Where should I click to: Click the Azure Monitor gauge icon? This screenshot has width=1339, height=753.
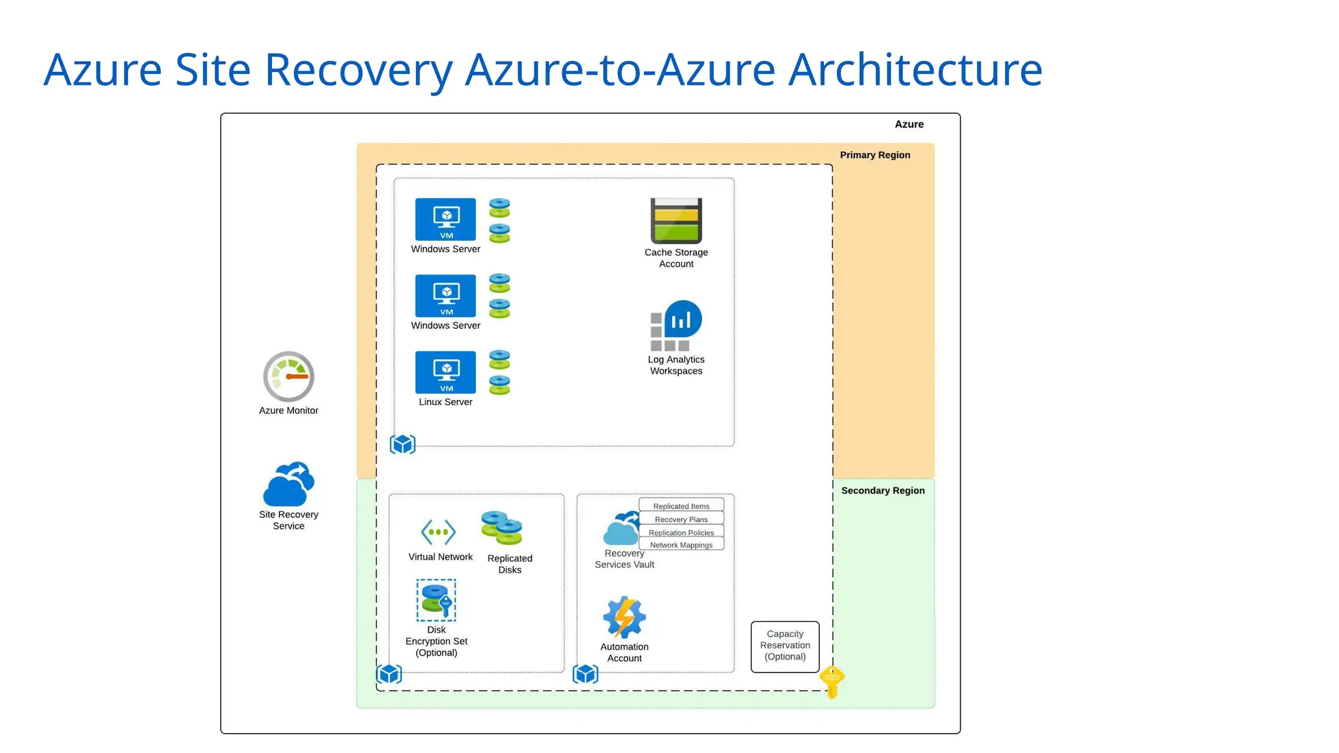tap(288, 376)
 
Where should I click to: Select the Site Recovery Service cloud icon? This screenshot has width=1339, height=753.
tap(288, 484)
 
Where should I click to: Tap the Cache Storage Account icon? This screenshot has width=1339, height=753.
tap(676, 221)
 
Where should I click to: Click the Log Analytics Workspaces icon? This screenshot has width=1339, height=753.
tap(676, 326)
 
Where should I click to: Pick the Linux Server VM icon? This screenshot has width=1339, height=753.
tap(445, 372)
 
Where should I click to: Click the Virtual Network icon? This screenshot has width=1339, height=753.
tap(438, 532)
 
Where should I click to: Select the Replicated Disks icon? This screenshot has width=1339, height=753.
tap(502, 528)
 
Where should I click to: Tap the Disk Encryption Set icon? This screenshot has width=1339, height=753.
tap(436, 600)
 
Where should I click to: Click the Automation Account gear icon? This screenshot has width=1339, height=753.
tap(624, 617)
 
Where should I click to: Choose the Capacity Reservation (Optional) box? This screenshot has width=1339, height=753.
tap(785, 646)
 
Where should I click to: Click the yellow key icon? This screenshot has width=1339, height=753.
tap(832, 682)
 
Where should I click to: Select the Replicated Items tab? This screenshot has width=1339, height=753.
tap(681, 506)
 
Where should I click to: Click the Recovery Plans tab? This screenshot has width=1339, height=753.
tap(681, 520)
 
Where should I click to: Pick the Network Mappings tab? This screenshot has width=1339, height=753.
tap(681, 545)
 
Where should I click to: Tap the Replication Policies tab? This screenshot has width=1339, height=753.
tap(681, 533)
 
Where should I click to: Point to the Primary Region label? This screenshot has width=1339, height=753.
tap(875, 155)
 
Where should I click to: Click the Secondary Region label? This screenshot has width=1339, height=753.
tap(883, 490)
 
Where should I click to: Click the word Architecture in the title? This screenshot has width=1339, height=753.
tap(915, 69)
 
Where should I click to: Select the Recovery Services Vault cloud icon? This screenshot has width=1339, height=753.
tap(621, 529)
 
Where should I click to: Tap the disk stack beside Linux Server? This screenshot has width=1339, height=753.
tap(500, 372)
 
